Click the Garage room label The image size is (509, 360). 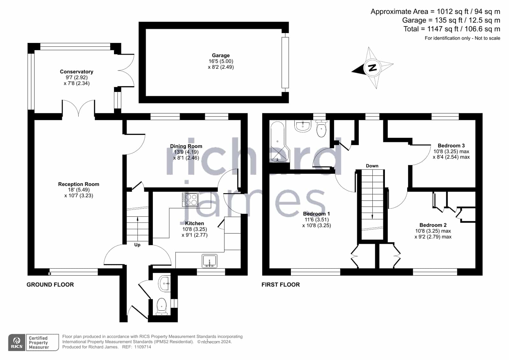[221, 55]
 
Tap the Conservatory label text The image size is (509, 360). [77, 72]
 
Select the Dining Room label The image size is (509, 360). [186, 146]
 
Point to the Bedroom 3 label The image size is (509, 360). [451, 145]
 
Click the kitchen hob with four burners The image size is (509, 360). [190, 200]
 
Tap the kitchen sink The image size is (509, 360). [209, 261]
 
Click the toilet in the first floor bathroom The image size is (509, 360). [321, 129]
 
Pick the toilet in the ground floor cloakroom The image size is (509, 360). [162, 307]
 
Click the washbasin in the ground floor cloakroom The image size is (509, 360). [165, 284]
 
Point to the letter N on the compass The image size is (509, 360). [372, 67]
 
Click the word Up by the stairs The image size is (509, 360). [137, 245]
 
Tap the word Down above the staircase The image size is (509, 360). [372, 166]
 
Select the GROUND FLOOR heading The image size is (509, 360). [50, 285]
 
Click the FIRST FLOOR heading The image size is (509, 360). [281, 285]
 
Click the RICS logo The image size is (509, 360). [17, 342]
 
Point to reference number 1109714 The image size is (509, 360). [143, 347]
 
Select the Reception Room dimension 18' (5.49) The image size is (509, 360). [79, 190]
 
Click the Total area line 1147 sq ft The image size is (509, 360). [452, 29]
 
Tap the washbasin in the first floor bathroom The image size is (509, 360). [302, 126]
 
